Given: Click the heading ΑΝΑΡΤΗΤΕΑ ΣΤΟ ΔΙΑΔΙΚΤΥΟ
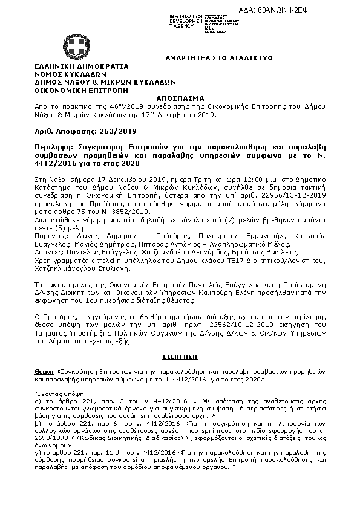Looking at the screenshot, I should click(219, 57).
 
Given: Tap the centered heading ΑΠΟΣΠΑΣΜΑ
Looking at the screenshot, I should click(180, 97).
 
